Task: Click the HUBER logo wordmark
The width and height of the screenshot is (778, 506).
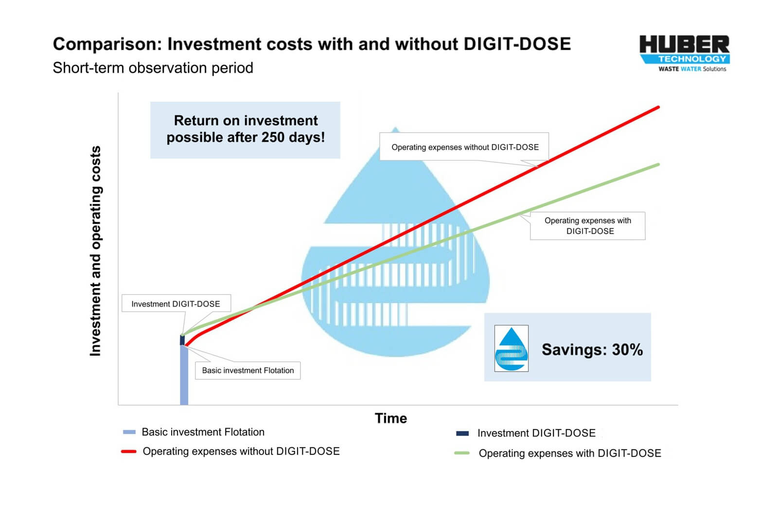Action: pyautogui.click(x=684, y=44)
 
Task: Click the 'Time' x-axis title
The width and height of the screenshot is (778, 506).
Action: pyautogui.click(x=391, y=418)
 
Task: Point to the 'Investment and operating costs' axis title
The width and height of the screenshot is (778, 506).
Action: pyautogui.click(x=95, y=251)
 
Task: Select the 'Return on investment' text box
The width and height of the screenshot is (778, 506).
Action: pyautogui.click(x=245, y=130)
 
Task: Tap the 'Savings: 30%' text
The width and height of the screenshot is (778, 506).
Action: pyautogui.click(x=592, y=350)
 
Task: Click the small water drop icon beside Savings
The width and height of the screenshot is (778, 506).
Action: pyautogui.click(x=511, y=348)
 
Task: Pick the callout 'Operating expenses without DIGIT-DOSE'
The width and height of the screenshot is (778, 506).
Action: pyautogui.click(x=464, y=146)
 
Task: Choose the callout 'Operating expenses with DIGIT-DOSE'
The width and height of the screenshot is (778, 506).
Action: pyautogui.click(x=588, y=226)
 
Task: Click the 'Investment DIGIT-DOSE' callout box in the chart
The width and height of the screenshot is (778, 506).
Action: pyautogui.click(x=176, y=304)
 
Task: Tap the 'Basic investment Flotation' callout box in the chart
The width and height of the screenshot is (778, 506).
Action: pyautogui.click(x=248, y=370)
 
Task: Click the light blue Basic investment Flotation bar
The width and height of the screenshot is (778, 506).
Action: pyautogui.click(x=184, y=375)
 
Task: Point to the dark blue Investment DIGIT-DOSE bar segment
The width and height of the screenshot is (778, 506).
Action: pyautogui.click(x=182, y=340)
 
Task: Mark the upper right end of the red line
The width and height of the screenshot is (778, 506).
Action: pyautogui.click(x=658, y=108)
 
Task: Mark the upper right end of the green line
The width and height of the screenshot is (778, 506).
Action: pyautogui.click(x=658, y=165)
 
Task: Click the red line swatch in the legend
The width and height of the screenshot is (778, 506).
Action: pyautogui.click(x=128, y=452)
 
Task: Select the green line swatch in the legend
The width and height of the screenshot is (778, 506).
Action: pyautogui.click(x=462, y=453)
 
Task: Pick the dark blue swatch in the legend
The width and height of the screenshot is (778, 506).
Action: pyautogui.click(x=462, y=434)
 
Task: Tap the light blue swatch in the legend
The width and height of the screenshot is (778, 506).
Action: pyautogui.click(x=129, y=432)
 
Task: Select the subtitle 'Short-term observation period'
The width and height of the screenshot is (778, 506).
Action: pyautogui.click(x=153, y=68)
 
